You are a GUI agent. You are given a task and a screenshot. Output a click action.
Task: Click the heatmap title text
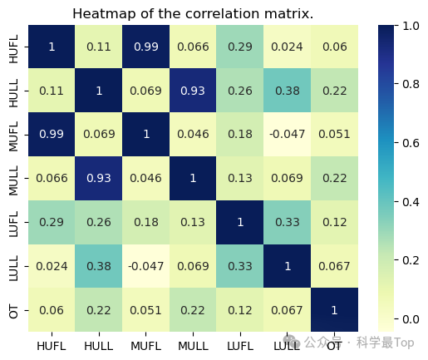coord(193,13)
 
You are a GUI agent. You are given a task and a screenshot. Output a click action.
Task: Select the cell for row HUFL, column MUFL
coord(145,47)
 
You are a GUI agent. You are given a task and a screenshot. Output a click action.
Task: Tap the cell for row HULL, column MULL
coord(193,91)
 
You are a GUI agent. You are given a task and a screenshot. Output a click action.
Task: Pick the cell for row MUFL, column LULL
coord(287,135)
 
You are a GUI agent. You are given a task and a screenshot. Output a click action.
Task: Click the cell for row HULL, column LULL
coord(287,91)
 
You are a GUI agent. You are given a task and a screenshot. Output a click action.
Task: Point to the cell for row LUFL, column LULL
coord(287,222)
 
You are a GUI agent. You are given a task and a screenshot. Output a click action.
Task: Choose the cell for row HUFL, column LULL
coord(287,47)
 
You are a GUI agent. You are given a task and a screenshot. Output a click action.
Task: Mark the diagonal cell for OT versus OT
coord(334,310)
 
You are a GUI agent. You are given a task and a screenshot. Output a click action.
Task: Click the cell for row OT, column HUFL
coord(52,310)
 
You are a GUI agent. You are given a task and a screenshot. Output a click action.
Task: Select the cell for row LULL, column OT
coord(334,266)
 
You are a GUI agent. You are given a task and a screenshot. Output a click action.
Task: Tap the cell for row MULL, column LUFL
coord(240,178)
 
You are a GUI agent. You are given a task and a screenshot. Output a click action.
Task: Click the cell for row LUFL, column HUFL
coord(52,222)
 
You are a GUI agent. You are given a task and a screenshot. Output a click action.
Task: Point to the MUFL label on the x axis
coord(145,346)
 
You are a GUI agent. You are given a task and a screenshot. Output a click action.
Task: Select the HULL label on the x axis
coord(99,346)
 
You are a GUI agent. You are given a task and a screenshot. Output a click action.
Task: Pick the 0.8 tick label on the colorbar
coord(411,84)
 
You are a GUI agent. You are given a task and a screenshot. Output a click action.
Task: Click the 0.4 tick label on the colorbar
coord(411,202)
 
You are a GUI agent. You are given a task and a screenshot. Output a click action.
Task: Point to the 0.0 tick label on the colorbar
coord(411,319)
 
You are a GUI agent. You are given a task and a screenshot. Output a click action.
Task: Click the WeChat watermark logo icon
coord(292,342)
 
